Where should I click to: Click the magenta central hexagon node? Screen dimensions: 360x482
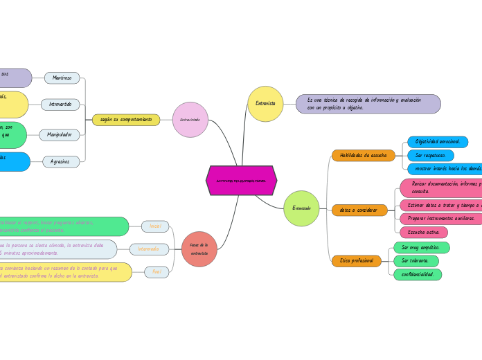coord(241,181)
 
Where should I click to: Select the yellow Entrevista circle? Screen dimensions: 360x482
coord(265,104)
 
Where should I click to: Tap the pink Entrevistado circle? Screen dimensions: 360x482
coord(190,120)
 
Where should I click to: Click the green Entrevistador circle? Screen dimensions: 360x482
coord(301,208)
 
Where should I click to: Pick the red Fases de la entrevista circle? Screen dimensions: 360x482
coord(199,249)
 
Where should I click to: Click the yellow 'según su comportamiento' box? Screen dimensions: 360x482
coord(126,120)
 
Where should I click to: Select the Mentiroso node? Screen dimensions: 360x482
coord(62,78)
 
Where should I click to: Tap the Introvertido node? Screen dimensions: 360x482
coord(61,105)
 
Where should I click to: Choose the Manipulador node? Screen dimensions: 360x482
coord(60,135)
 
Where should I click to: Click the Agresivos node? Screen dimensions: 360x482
coord(61,161)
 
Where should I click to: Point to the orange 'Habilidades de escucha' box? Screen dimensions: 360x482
coord(363,156)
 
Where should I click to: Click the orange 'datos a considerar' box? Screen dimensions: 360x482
coord(359,210)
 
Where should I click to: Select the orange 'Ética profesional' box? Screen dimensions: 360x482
coord(356,261)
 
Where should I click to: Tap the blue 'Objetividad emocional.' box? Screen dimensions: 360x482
coord(438,142)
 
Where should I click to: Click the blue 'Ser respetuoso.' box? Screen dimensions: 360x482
coord(431,156)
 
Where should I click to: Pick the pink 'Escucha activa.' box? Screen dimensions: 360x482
coord(424,232)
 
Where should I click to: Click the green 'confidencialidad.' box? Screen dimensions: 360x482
coord(418,274)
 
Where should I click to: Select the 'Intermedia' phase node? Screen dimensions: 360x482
coord(149,249)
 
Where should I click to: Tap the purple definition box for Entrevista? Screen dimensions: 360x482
coord(368,104)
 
